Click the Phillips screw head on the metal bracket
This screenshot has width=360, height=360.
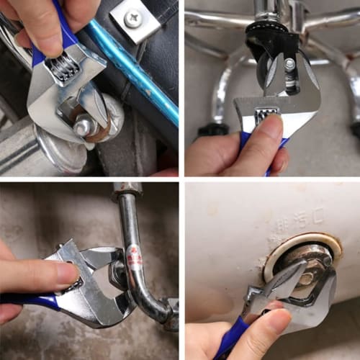133,20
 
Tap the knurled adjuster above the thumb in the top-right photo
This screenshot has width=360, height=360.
267,114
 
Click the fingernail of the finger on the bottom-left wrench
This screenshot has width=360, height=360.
67,276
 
